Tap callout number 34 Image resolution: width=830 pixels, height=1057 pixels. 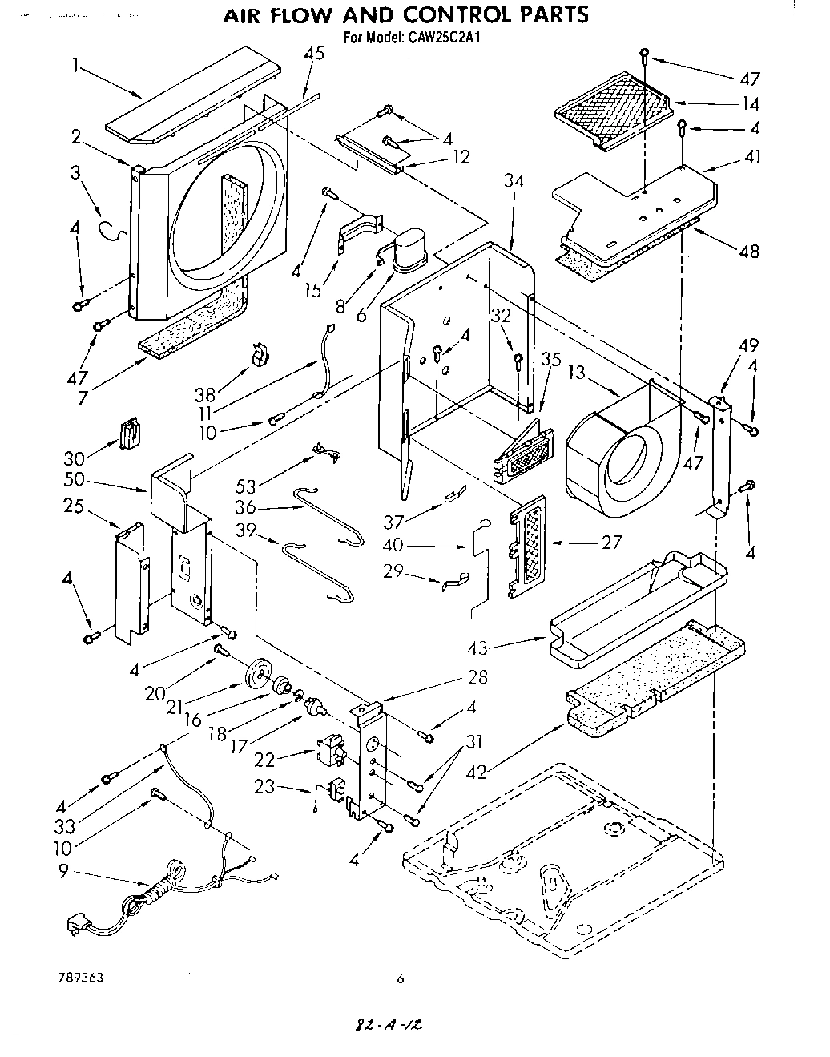pos(514,181)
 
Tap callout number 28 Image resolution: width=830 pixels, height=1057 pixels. pos(477,678)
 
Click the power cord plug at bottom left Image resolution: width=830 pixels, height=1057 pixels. pos(78,926)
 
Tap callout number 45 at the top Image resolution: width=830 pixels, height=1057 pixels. pos(314,54)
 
